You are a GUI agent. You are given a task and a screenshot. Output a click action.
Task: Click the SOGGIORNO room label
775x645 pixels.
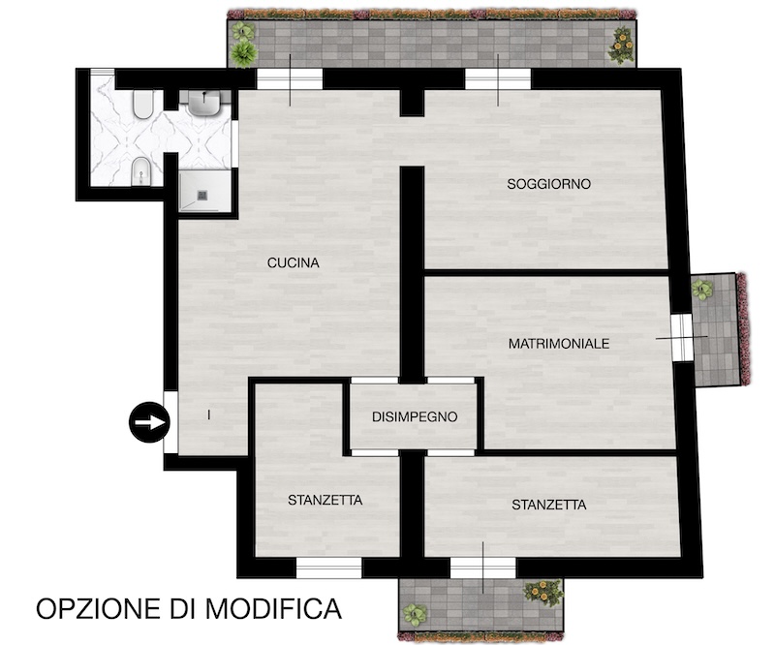click(548, 184)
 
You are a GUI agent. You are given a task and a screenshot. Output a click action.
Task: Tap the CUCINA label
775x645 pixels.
click(294, 263)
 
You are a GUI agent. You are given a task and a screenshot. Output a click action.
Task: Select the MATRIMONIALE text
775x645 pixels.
click(559, 344)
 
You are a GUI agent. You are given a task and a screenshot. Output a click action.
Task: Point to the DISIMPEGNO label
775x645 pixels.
click(415, 417)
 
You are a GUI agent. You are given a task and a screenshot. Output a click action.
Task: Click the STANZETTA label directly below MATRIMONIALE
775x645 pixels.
click(548, 505)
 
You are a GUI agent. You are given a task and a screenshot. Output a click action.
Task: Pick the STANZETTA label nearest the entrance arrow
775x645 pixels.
click(325, 500)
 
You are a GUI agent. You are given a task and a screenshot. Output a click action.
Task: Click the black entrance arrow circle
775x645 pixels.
click(150, 422)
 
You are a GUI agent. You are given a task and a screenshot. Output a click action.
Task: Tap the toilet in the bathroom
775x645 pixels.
click(143, 105)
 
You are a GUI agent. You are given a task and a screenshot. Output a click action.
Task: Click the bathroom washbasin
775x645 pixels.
click(204, 104)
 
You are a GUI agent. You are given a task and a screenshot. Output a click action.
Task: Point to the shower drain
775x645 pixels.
click(203, 196)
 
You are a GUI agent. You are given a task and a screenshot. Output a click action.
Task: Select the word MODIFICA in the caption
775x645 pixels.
click(273, 608)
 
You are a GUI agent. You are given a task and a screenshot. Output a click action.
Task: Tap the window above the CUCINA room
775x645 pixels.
click(290, 79)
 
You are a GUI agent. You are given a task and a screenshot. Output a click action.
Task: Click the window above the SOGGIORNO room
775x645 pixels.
click(498, 79)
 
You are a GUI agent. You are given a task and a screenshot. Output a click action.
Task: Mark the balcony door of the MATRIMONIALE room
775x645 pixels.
click(682, 338)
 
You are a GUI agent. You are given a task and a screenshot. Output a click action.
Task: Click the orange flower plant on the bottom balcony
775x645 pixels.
click(543, 592)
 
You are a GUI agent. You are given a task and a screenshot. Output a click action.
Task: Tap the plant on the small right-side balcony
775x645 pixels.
click(702, 289)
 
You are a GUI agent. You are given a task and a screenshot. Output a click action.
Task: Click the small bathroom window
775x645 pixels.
click(102, 73)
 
